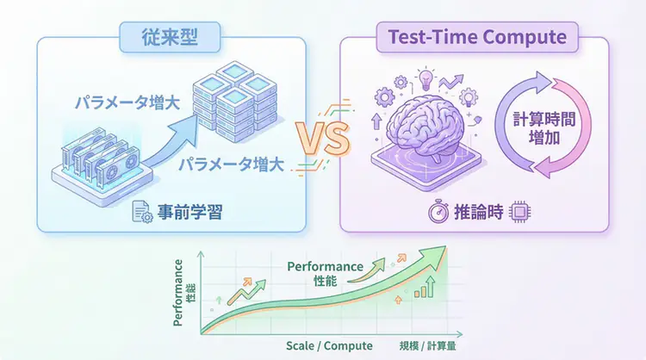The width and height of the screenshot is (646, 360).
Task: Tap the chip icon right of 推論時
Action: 519,212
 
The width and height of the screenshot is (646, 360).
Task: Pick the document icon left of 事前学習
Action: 142,211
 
